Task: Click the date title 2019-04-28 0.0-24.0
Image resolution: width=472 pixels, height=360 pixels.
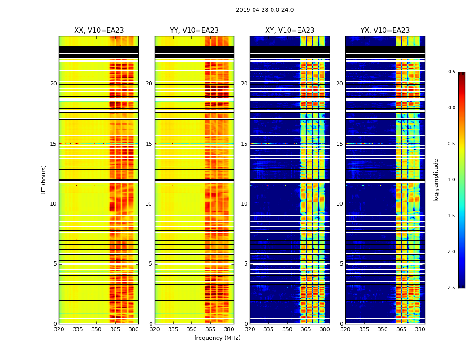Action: (x=265, y=10)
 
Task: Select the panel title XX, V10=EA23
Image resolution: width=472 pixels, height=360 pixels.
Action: (x=99, y=31)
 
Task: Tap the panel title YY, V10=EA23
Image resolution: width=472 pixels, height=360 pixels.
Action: (x=194, y=31)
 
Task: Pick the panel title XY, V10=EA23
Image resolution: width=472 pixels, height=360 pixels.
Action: (x=289, y=31)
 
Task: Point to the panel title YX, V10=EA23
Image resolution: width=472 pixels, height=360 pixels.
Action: (x=385, y=31)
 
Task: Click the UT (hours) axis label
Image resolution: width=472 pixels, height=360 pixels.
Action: (x=44, y=180)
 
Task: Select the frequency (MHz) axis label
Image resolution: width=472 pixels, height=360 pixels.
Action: (x=217, y=338)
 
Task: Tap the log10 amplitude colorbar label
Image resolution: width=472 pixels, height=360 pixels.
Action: (x=436, y=180)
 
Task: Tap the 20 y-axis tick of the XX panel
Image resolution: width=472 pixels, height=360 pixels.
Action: (x=53, y=84)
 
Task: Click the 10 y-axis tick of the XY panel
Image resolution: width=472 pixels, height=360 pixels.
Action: (x=244, y=204)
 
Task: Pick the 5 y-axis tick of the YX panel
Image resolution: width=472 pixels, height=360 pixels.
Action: (x=342, y=264)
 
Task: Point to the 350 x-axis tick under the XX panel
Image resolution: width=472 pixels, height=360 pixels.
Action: (x=96, y=329)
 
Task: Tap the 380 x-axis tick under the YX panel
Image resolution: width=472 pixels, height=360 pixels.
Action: (x=420, y=329)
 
